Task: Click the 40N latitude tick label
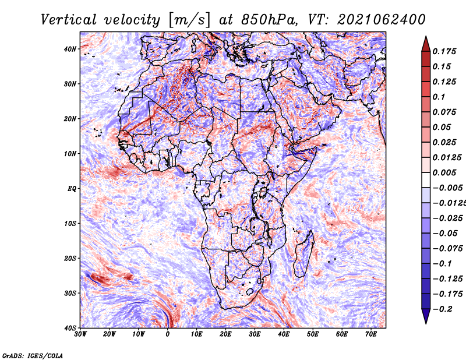coord(70,49)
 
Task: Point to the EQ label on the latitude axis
coord(72,189)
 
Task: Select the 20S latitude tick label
coord(70,258)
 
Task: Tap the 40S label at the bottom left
coord(70,328)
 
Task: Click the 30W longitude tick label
coord(80,334)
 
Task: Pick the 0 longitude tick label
coord(168,334)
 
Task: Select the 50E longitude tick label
coord(313,334)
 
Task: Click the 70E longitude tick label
coord(371,334)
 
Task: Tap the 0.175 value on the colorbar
coord(444,51)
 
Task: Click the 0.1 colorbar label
coord(439,97)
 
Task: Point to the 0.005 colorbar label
coord(444,172)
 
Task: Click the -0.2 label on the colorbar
coord(442,309)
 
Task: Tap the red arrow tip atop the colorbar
coord(426,37)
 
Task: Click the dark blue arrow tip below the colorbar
coord(426,323)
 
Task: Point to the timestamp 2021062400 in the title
coord(382,20)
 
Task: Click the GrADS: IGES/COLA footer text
coord(33,356)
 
